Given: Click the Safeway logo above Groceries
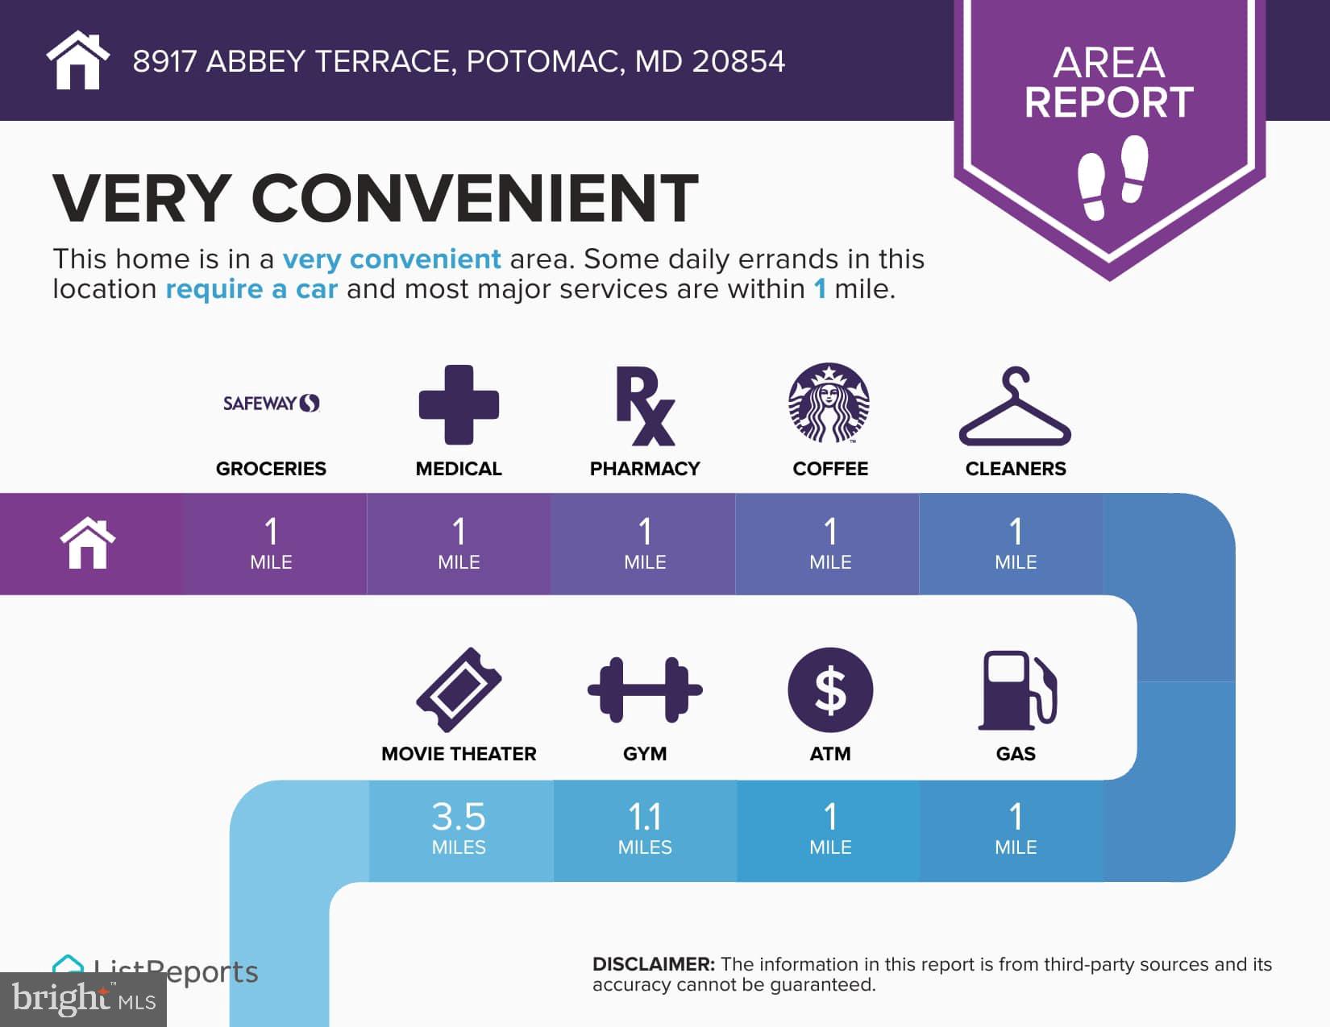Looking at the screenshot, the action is point(271,403).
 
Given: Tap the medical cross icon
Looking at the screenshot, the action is point(459,404).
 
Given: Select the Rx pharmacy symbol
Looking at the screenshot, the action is point(645,405).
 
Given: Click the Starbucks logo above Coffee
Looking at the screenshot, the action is point(829,403).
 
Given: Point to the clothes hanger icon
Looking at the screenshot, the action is point(1014,405).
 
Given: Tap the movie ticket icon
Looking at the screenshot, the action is point(459,689).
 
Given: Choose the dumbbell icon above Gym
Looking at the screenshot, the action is point(645,690).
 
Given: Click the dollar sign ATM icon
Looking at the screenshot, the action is point(830,690).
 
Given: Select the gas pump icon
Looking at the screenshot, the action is point(1016,690).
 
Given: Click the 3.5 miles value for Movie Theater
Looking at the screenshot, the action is point(459,827).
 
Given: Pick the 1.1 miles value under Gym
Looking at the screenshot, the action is point(645,827).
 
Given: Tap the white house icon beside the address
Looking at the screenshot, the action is point(77,60).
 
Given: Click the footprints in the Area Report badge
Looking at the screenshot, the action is point(1112,177).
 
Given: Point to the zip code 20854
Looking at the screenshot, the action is point(738,61).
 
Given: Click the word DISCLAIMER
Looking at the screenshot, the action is point(653,964).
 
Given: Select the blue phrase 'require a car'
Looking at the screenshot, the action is point(251,288).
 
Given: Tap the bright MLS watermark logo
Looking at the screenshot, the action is point(83,999).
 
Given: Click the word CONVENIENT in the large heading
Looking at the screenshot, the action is point(474,197).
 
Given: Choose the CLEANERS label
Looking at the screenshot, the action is point(1016,469).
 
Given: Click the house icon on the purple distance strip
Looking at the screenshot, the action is point(88,543).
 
